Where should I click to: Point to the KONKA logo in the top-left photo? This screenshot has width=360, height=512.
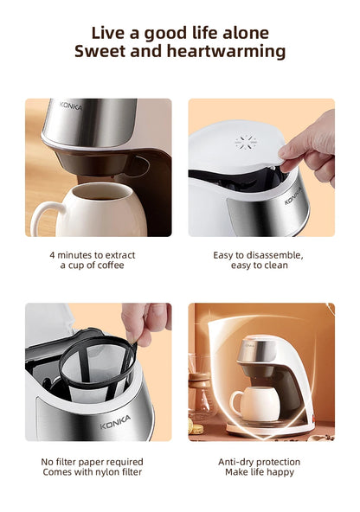tap(71, 105)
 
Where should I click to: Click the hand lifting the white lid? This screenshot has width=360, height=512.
tap(312, 140)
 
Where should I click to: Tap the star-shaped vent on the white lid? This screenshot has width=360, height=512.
tap(246, 141)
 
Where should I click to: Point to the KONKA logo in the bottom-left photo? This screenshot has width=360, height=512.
tap(114, 425)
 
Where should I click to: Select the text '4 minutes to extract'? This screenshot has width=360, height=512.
tap(93, 255)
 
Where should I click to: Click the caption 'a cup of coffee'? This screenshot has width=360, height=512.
tap(93, 266)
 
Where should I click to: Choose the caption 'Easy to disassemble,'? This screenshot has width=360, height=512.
tap(259, 255)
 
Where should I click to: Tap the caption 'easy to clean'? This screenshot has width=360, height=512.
tap(259, 266)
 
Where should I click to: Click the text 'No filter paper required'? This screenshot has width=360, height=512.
tap(93, 462)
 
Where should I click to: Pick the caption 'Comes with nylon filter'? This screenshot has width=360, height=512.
tap(93, 472)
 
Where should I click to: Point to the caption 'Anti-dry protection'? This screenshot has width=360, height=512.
tap(259, 462)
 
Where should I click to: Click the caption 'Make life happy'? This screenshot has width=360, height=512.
tap(259, 472)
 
